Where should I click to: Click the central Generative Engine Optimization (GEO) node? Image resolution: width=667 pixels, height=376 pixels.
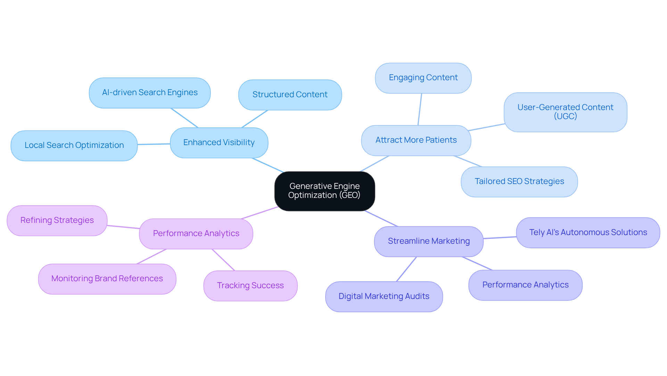[324, 191]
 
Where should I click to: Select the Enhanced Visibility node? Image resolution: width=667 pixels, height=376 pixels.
[219, 143]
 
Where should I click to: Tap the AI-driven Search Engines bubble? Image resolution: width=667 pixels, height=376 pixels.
[150, 93]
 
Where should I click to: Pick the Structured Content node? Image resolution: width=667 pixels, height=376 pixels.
[290, 95]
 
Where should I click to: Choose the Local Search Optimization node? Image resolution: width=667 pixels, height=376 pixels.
[74, 145]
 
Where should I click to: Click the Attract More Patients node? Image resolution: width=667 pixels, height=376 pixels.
[416, 140]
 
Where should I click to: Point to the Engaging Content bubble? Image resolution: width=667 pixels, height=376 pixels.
[423, 78]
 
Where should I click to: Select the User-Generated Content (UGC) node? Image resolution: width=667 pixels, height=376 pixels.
[565, 112]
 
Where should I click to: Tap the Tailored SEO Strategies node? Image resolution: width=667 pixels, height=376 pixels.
[519, 182]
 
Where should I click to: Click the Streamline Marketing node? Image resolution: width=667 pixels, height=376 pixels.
[428, 241]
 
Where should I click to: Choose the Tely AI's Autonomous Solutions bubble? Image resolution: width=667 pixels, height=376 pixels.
[588, 233]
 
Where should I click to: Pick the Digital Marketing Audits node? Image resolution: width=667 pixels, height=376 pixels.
[384, 296]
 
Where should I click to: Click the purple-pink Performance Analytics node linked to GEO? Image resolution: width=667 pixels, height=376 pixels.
[196, 234]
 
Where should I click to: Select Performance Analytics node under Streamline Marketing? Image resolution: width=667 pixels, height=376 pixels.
[525, 285]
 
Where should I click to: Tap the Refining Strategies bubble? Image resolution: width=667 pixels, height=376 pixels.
[57, 220]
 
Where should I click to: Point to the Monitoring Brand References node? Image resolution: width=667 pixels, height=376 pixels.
[107, 279]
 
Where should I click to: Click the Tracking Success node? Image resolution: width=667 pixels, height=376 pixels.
[250, 286]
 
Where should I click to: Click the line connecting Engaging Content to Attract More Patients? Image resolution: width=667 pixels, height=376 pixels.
[420, 109]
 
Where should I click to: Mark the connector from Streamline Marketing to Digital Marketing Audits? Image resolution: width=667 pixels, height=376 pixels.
[406, 269]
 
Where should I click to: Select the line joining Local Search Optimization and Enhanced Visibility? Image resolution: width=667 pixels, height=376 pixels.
[154, 144]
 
